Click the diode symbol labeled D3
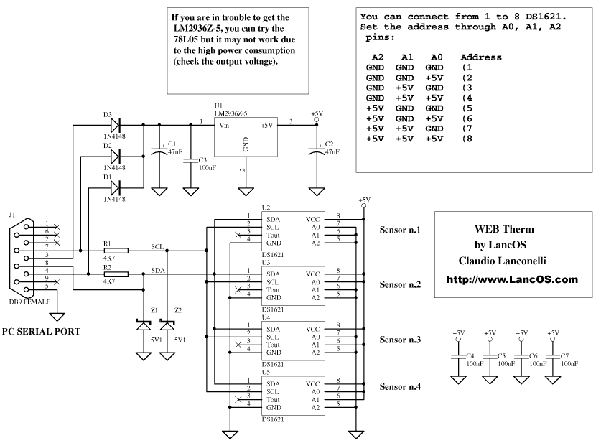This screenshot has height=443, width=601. pos(115,124)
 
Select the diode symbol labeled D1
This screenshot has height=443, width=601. pos(115,188)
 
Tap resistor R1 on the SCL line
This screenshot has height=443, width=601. pos(116,251)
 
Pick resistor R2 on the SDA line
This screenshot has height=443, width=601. pos(116,274)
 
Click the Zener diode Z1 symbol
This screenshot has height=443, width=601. pos(144,325)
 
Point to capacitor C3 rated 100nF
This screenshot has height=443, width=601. pos(190,160)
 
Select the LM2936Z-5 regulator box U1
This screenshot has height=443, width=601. pos(246,137)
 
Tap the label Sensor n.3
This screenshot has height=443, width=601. pos(400,340)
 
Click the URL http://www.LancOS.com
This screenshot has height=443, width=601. pos(512,279)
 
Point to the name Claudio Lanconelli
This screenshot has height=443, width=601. pos(502,261)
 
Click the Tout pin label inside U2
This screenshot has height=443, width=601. pos(273,236)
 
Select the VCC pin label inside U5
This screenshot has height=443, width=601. pos(312,384)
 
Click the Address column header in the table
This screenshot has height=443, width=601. pos(481,57)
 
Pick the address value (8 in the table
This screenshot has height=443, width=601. pos(467,139)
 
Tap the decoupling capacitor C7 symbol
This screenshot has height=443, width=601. pos(553,356)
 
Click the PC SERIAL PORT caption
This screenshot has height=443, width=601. pos(42,332)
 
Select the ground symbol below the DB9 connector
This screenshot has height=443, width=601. pos(57,317)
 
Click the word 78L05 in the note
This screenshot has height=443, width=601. pos(186,39)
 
